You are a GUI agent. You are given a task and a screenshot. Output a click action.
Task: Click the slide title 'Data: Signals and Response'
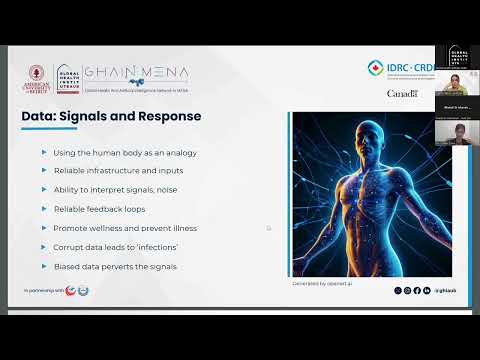111,116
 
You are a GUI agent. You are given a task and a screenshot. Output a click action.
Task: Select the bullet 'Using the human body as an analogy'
125,152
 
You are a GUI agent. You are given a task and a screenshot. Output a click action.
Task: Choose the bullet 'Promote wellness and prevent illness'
126,228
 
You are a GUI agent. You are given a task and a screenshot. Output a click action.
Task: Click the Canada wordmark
403,93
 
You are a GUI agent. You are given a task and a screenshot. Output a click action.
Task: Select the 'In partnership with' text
43,290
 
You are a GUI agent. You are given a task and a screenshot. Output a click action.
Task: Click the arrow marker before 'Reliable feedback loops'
43,209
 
